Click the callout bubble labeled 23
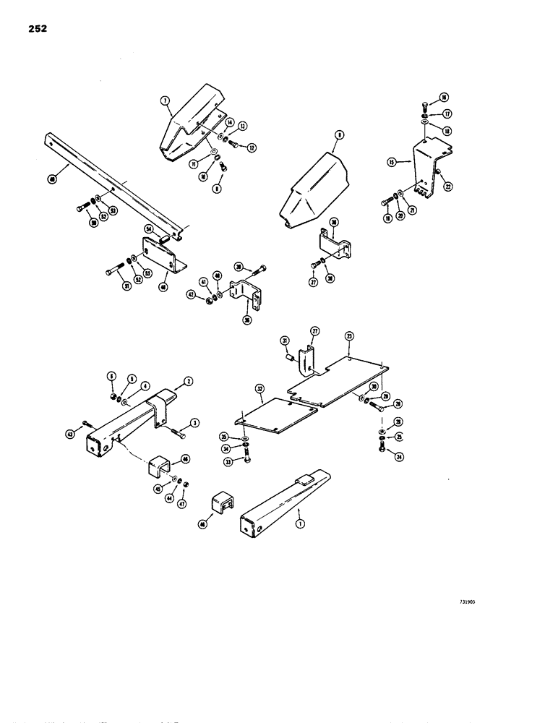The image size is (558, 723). pos(349,336)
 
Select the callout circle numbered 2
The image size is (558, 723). pos(189,380)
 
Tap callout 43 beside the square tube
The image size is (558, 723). pos(69,434)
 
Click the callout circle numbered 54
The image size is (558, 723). pos(147,229)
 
